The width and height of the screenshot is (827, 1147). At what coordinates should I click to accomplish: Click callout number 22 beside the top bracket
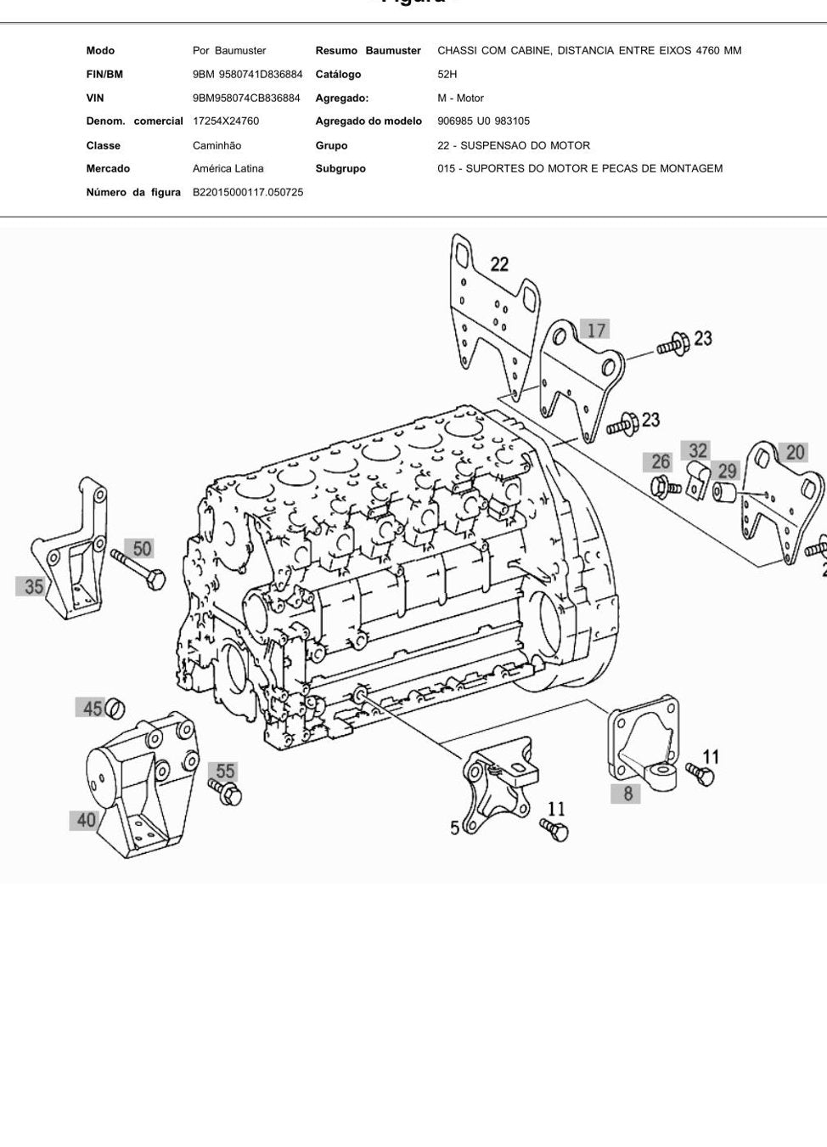pyautogui.click(x=499, y=265)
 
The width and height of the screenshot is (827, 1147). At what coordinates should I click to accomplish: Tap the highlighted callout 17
pyautogui.click(x=596, y=331)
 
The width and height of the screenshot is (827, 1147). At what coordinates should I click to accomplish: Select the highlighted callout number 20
pyautogui.click(x=794, y=452)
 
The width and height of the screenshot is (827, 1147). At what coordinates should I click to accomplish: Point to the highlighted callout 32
pyautogui.click(x=698, y=450)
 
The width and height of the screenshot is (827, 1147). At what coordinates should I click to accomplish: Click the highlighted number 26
pyautogui.click(x=661, y=461)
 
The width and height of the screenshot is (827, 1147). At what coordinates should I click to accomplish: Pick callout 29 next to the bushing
pyautogui.click(x=727, y=471)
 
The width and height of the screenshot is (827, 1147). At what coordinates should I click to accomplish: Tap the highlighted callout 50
pyautogui.click(x=143, y=549)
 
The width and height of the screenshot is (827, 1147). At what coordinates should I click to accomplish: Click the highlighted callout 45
pyautogui.click(x=91, y=709)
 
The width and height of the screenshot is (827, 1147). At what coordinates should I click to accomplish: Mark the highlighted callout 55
pyautogui.click(x=225, y=771)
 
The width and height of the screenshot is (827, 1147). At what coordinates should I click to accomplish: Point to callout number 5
pyautogui.click(x=455, y=828)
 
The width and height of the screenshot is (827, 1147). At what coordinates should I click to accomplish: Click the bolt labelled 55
pyautogui.click(x=226, y=791)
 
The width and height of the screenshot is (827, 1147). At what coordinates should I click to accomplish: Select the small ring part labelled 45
pyautogui.click(x=115, y=709)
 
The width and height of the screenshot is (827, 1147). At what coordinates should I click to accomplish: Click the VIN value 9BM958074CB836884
pyautogui.click(x=246, y=98)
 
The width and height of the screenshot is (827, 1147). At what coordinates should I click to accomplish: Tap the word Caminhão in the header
pyautogui.click(x=217, y=145)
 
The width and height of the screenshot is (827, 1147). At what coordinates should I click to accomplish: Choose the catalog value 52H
pyautogui.click(x=447, y=74)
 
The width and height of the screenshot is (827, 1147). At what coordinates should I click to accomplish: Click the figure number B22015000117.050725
pyautogui.click(x=248, y=193)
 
